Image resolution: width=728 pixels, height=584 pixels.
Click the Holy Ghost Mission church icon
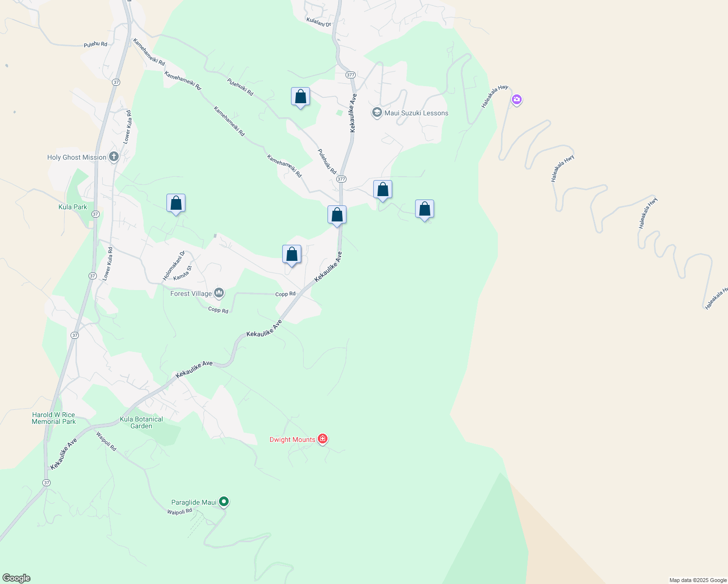coord(113,157)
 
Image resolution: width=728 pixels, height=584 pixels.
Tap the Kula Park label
coord(73,207)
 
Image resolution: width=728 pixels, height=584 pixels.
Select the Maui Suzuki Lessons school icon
coord(377,113)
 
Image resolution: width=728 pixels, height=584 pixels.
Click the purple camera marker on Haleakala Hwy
coord(517,100)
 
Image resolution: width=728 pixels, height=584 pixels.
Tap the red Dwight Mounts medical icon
coord(322,439)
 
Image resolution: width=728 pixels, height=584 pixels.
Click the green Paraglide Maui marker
coord(224,501)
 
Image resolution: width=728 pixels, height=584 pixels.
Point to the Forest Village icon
coord(219,293)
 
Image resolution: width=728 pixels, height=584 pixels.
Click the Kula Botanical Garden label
coord(142,422)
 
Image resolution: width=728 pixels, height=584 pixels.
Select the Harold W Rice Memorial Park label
coord(54,418)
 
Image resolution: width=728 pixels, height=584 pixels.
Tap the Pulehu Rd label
coord(95,44)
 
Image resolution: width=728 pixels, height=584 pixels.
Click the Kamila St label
coord(182,273)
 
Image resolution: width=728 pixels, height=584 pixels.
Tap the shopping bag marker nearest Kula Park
coord(176,204)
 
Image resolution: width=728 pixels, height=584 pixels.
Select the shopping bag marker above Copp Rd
coord(292,255)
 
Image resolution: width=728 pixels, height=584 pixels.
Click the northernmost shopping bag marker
coord(300,97)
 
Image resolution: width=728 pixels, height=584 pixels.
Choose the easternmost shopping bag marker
coord(424,209)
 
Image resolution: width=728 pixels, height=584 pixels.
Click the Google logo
coord(17,578)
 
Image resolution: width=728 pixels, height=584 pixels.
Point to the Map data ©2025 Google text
coord(698,580)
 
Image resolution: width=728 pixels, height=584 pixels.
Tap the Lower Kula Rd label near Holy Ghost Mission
coord(127,128)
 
